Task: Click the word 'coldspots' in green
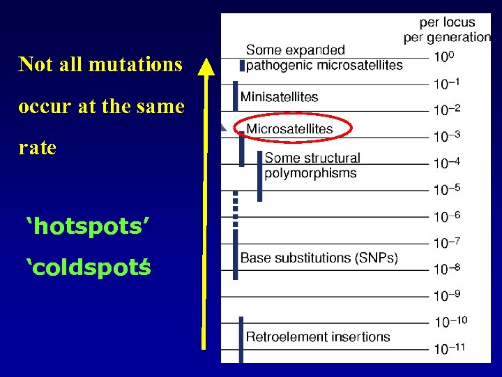coord(88,267)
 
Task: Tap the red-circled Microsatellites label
coord(289,128)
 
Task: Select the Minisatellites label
coord(279,97)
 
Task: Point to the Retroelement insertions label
coord(318,337)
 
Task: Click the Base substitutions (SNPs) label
coord(319,258)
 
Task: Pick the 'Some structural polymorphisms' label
coord(312,165)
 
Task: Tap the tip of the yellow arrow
coord(205,61)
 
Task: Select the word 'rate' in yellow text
coord(38,149)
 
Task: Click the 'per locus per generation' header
coord(447,30)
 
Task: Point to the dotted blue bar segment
coord(236,207)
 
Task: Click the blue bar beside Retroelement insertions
coord(241,339)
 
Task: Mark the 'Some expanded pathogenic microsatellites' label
coord(324,57)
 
